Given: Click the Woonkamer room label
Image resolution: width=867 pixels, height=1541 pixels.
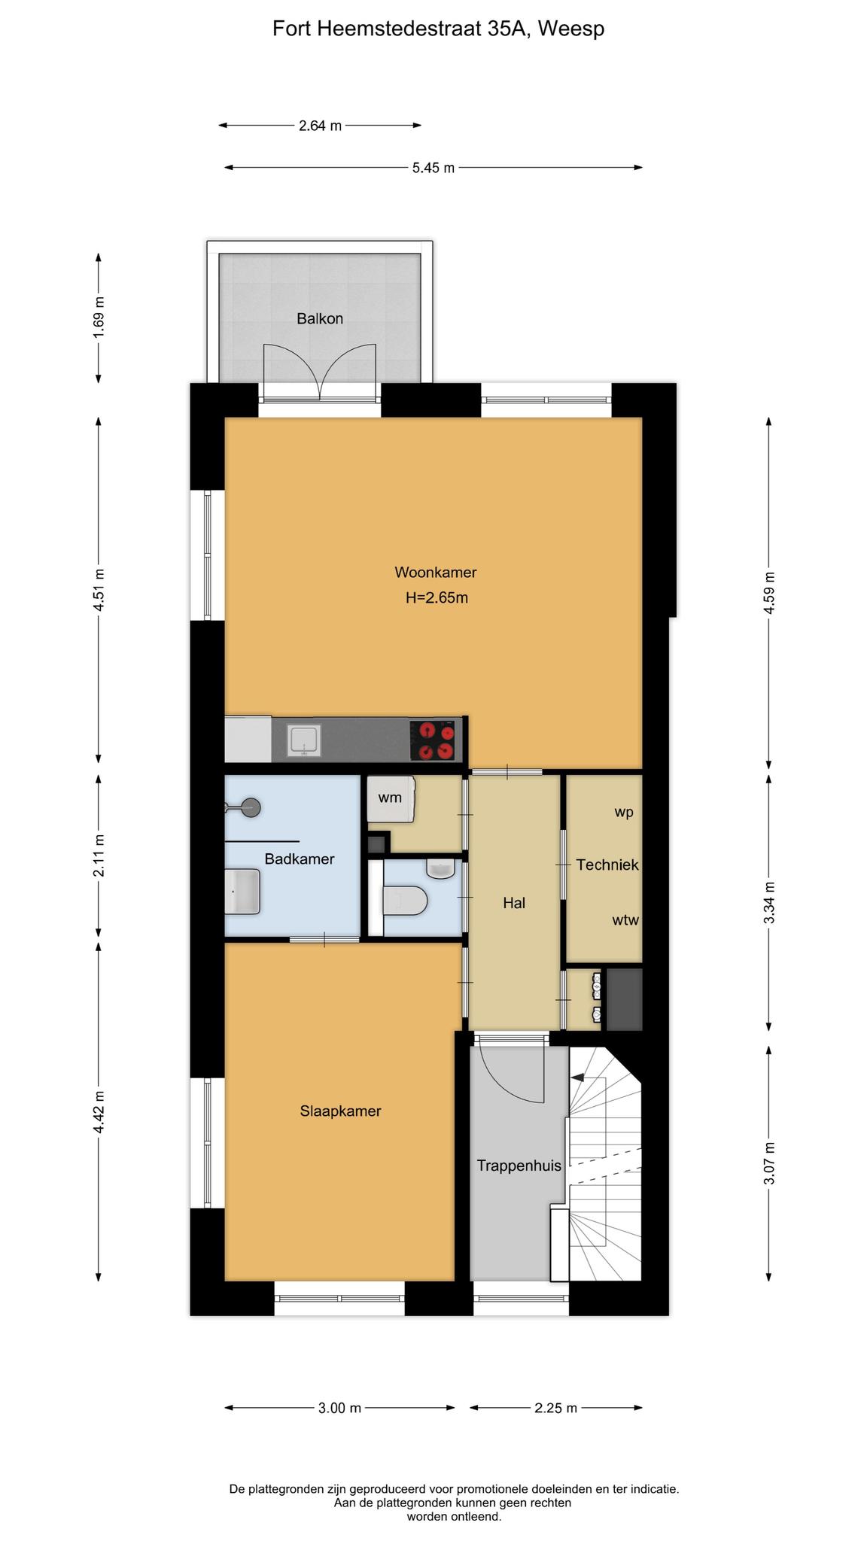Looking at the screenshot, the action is [x=435, y=573].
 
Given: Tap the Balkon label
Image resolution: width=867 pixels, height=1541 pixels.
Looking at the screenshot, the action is [x=320, y=318].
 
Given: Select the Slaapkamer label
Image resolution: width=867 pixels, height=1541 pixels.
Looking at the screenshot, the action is [x=340, y=1111].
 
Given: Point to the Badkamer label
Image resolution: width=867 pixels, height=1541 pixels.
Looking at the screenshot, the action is [x=300, y=859].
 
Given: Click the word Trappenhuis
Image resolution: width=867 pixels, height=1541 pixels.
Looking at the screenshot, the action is [x=519, y=1166].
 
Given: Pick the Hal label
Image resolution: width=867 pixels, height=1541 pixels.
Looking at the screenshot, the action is [x=514, y=903].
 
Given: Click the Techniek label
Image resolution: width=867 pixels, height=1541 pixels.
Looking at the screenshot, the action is [x=607, y=865].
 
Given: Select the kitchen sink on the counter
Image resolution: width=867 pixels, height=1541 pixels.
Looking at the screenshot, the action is [x=304, y=740].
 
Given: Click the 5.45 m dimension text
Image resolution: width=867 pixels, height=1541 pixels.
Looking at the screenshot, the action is [x=433, y=168].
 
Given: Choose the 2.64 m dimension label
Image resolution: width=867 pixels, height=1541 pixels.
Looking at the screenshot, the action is [x=320, y=126].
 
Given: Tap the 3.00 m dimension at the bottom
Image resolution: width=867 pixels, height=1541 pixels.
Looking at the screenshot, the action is [x=339, y=1408].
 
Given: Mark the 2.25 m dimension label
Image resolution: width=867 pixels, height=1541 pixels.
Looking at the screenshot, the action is [x=556, y=1408].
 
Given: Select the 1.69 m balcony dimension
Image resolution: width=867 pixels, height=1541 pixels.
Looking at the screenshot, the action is [x=99, y=318].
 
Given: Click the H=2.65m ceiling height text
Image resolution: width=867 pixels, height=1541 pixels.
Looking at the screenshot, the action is [x=437, y=598].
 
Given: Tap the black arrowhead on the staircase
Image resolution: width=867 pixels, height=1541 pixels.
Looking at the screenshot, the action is [x=578, y=1077].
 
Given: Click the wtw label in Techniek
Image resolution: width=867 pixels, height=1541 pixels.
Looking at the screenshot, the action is [x=625, y=919].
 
